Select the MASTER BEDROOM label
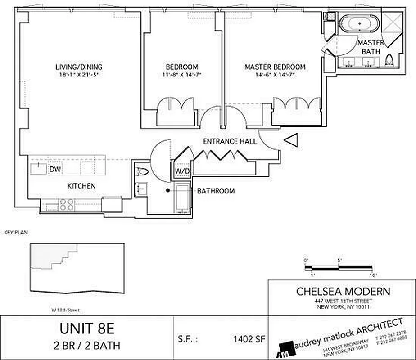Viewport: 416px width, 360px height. coord(275,67)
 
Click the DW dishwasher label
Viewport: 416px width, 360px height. coord(55,169)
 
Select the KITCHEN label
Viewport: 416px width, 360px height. coord(81,186)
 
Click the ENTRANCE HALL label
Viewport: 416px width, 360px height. coord(230,141)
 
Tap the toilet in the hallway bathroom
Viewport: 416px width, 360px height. coord(142,172)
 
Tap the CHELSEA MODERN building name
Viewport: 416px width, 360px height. coord(343,291)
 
